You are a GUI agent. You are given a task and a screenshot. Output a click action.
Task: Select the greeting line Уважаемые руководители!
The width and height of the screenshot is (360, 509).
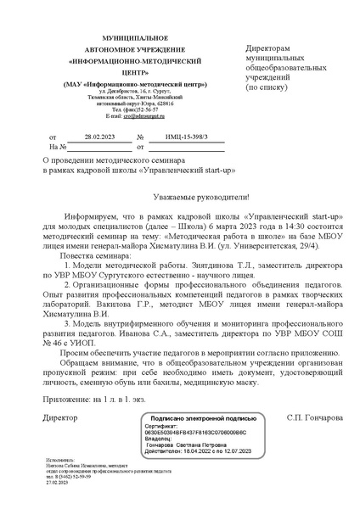180,195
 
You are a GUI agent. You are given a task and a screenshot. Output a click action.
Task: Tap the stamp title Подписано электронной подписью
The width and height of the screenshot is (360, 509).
202,418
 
